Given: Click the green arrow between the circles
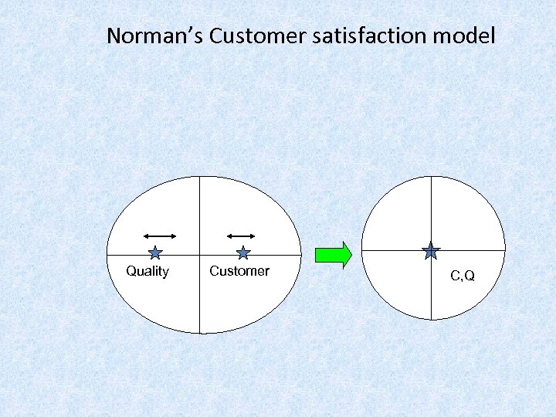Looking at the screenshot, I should tap(333, 254).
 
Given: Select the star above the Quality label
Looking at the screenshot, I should tap(155, 252).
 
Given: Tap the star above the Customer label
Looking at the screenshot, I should tap(243, 252).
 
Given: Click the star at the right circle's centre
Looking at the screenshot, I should tap(431, 251).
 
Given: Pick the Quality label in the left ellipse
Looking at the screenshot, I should tap(147, 271).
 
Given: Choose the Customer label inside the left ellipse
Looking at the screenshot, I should tap(239, 271).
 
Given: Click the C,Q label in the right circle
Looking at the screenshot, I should tap(463, 275).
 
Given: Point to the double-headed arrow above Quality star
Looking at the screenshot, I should tap(161, 235).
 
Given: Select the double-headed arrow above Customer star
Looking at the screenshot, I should tap(241, 235).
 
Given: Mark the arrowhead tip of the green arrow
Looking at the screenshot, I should tap(351, 254).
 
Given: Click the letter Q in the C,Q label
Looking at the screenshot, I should tap(470, 275).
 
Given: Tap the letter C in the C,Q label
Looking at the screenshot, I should tap(456, 275).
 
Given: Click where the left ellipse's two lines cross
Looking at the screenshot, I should tap(200, 255).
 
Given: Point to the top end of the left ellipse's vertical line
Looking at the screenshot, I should tap(200, 177).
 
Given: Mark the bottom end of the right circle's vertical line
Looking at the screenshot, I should tap(431, 319).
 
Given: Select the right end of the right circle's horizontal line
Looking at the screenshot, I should tap(504, 251).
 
